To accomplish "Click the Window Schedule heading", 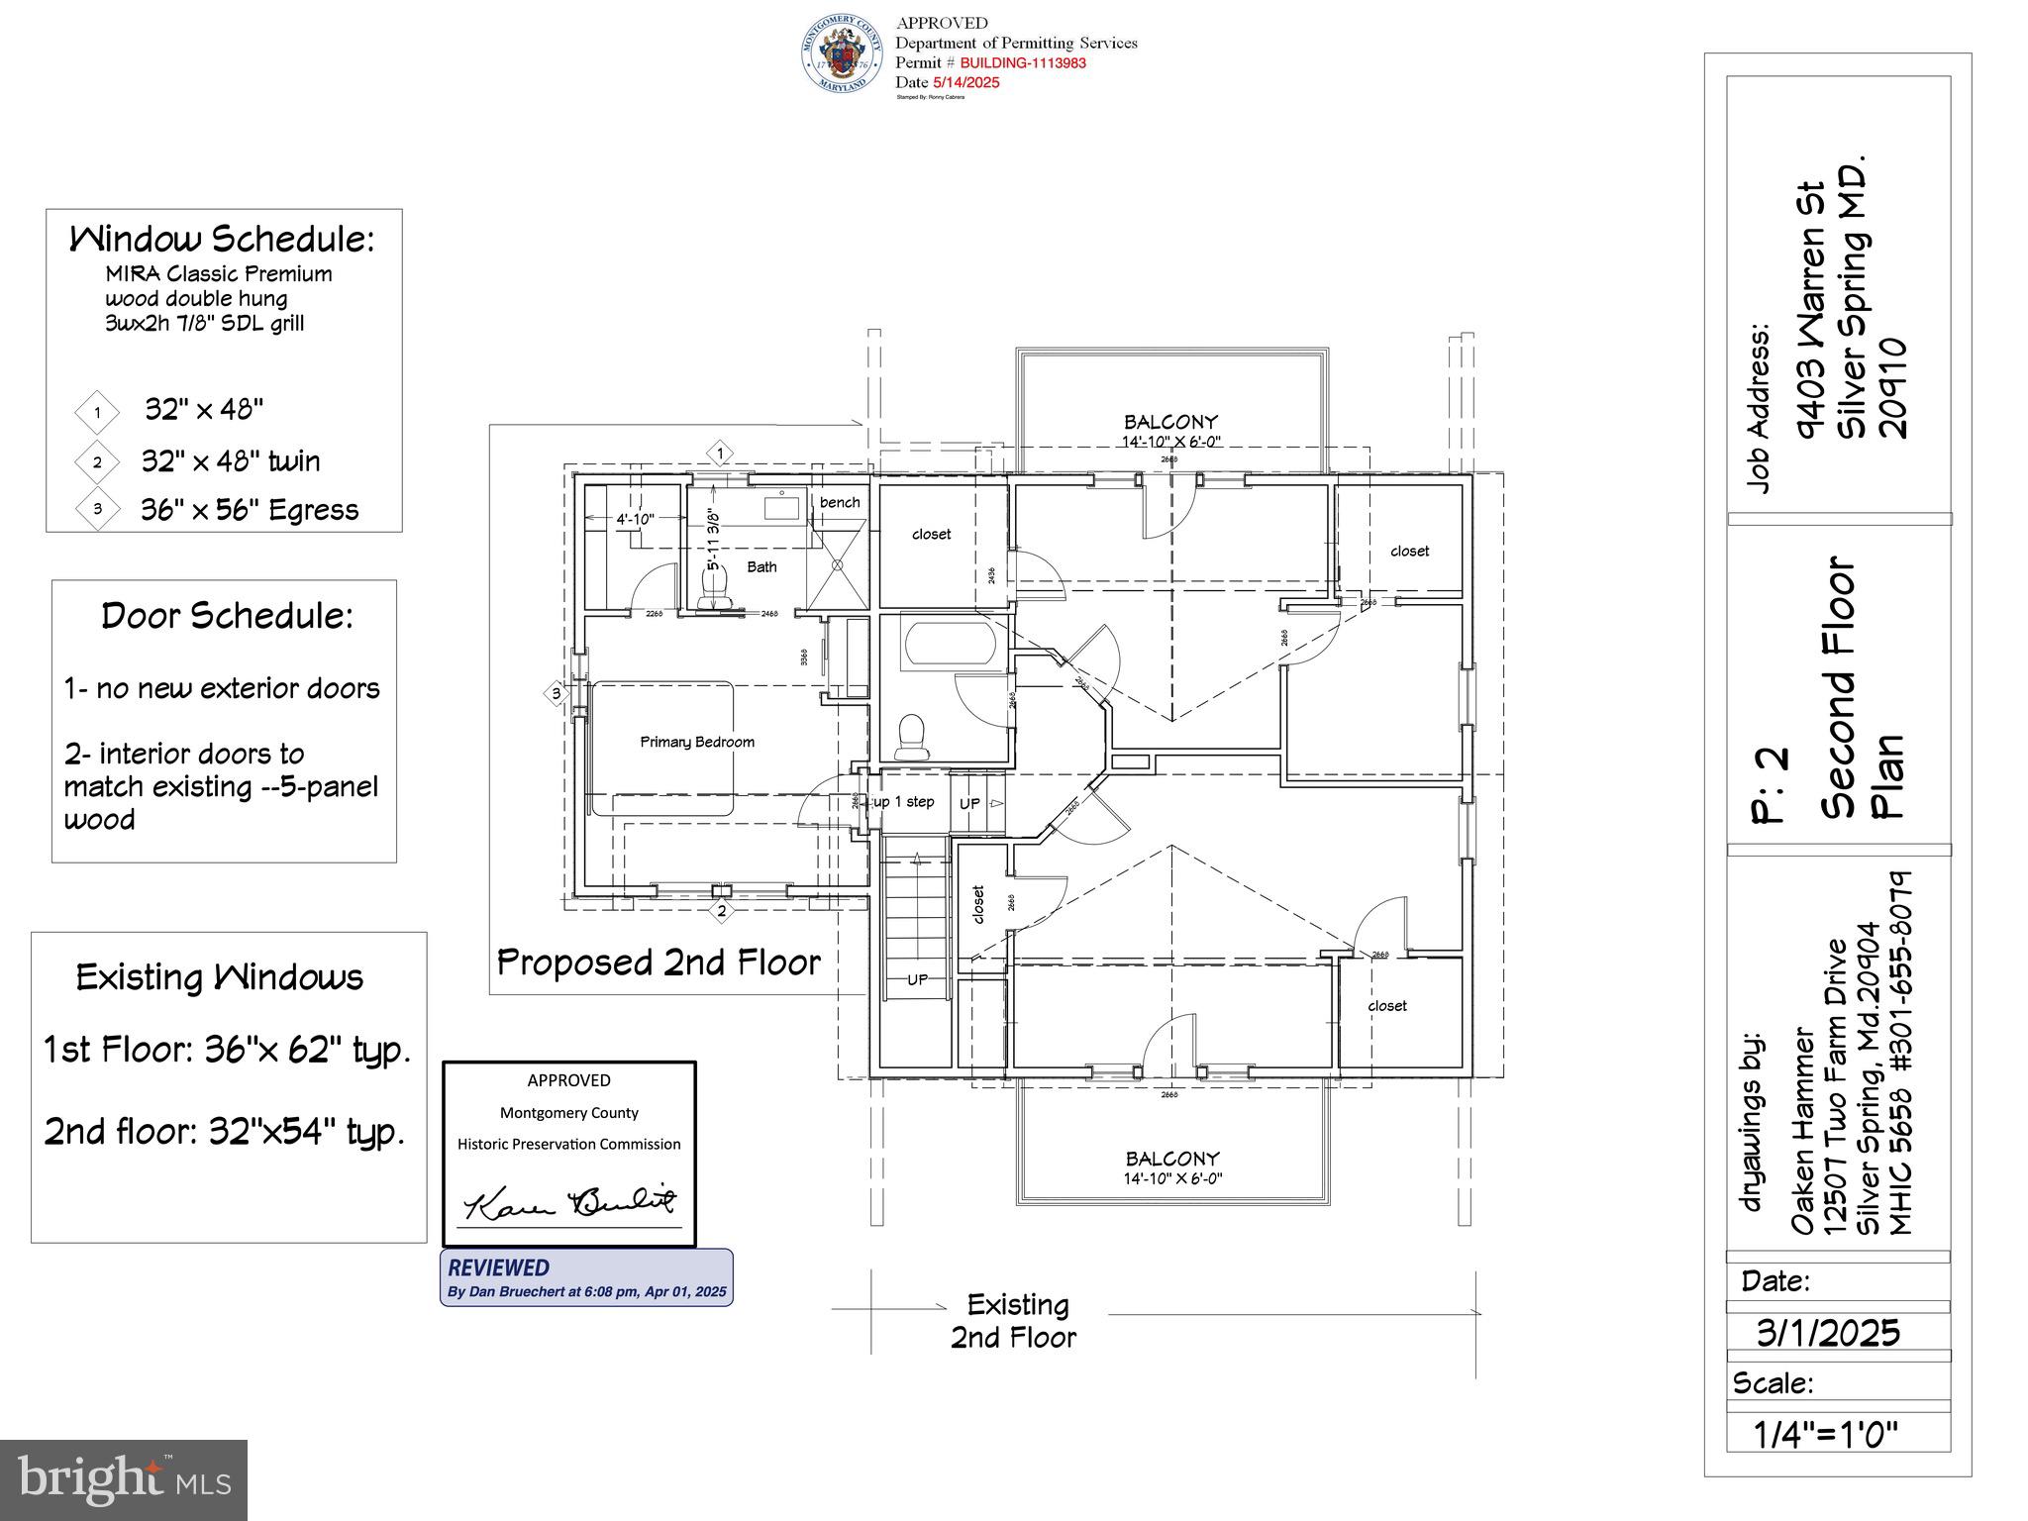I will point(222,240).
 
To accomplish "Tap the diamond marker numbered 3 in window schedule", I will point(97,509).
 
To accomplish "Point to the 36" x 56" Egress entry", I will point(249,510).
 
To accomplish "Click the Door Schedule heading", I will point(227,616).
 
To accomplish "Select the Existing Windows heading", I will point(220,977).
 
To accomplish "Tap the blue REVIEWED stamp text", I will point(498,1267).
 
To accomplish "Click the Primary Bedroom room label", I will point(697,742).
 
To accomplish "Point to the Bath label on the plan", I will point(761,566).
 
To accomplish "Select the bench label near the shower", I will point(840,502).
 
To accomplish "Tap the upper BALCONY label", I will point(1170,422).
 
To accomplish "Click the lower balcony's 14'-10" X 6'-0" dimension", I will point(1172,1178).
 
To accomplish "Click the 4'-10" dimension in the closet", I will point(635,519).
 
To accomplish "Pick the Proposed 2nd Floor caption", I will point(659,963).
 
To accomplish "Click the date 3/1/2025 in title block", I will point(1828,1333).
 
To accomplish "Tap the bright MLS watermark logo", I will point(124,1480).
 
